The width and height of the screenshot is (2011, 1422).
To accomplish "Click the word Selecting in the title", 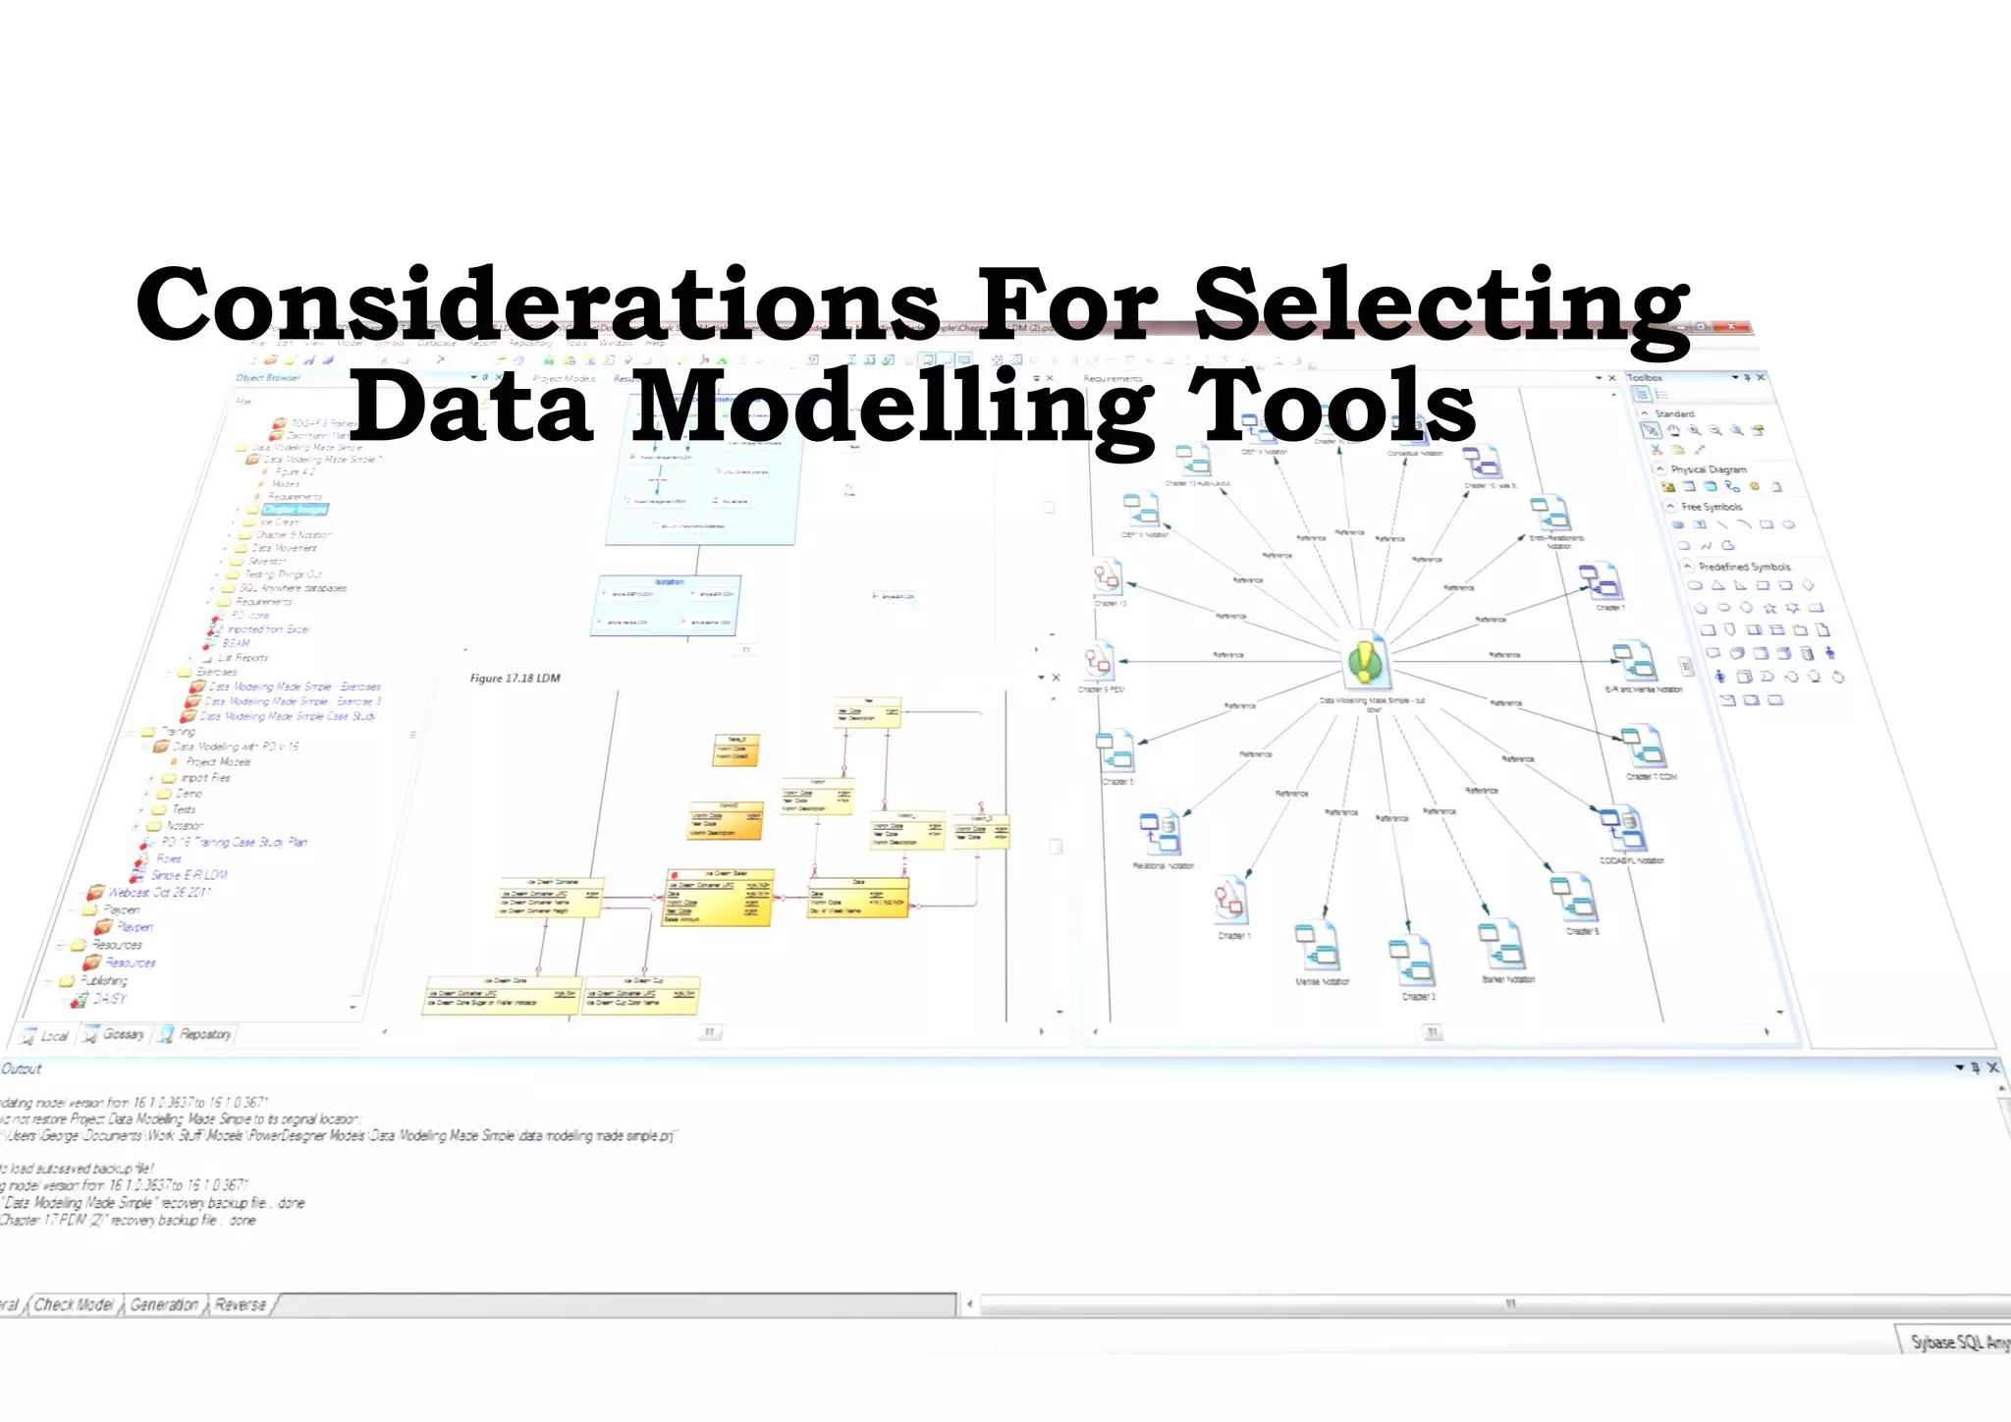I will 1441,306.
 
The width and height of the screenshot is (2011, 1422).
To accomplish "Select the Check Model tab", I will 75,1304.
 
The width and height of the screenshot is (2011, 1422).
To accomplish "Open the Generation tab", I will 164,1304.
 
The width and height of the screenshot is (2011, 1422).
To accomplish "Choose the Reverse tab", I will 241,1304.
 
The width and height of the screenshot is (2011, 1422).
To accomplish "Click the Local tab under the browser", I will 54,1035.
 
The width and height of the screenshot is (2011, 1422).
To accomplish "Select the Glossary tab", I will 124,1034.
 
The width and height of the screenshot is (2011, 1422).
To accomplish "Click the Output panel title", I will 22,1068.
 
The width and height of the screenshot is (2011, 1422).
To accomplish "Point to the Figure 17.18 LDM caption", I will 515,678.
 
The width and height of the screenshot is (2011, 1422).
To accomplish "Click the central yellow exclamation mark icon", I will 1365,661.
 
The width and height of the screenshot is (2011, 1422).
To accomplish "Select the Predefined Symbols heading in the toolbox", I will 1745,567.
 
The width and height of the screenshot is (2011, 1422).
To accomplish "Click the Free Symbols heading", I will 1712,507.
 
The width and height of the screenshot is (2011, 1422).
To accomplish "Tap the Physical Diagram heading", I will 1709,469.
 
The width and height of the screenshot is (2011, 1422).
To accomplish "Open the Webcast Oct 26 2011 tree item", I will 159,893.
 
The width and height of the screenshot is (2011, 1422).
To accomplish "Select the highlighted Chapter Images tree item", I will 295,510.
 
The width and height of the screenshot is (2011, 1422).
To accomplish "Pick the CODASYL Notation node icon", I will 1621,831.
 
